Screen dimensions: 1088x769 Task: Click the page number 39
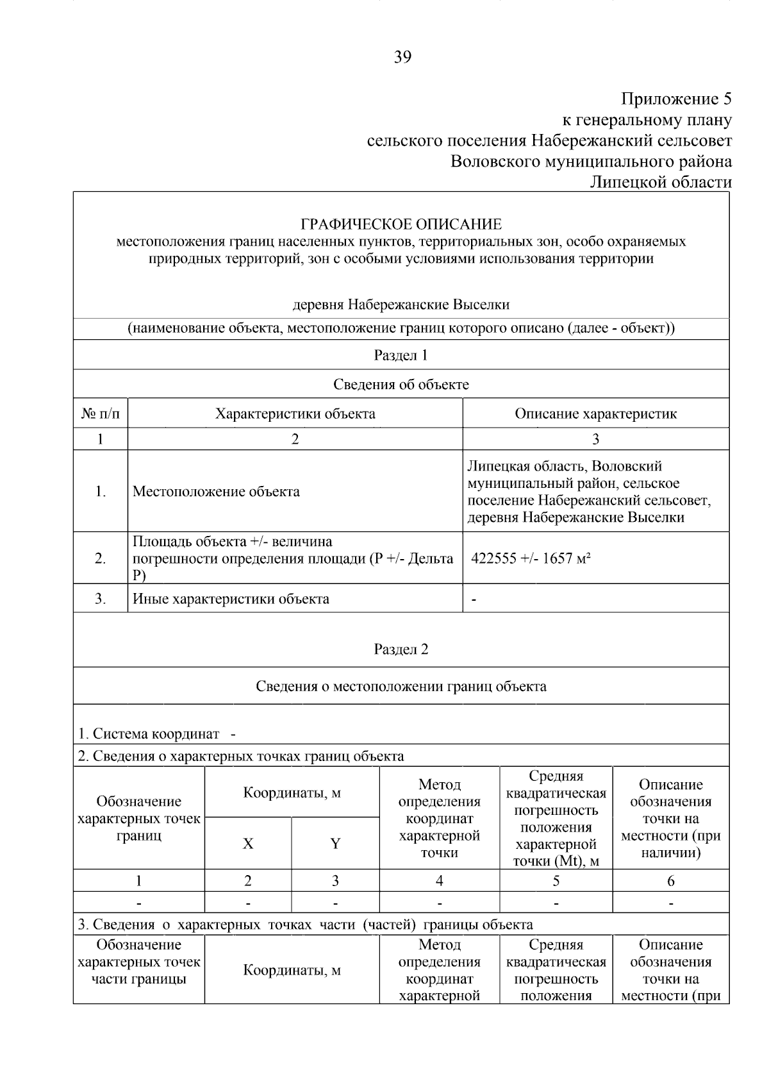coord(402,57)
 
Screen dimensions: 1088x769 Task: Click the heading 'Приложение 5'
coord(675,99)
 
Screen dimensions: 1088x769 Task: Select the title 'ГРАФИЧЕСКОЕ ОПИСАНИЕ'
coord(401,224)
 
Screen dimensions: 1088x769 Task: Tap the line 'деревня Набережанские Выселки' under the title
coord(401,305)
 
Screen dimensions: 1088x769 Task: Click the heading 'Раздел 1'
coord(401,355)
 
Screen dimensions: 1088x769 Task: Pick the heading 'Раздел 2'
coord(401,649)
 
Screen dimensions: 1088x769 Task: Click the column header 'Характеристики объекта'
coord(295,414)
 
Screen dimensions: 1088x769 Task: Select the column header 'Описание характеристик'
coord(595,414)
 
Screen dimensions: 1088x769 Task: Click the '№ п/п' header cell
coord(101,414)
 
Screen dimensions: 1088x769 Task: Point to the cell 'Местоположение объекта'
coord(216,492)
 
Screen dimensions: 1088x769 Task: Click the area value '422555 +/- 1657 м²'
coord(531,558)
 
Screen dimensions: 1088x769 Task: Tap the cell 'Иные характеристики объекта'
coord(231,599)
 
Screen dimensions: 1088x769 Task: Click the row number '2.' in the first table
coord(101,558)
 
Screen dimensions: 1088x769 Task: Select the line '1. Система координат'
coord(149,733)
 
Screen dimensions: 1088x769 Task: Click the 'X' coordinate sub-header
coord(248,844)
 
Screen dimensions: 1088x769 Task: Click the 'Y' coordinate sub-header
coord(335,844)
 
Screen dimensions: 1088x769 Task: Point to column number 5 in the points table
coord(556,881)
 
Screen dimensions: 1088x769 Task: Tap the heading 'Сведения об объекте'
coord(401,385)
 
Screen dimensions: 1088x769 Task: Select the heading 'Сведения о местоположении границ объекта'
coord(401,687)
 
